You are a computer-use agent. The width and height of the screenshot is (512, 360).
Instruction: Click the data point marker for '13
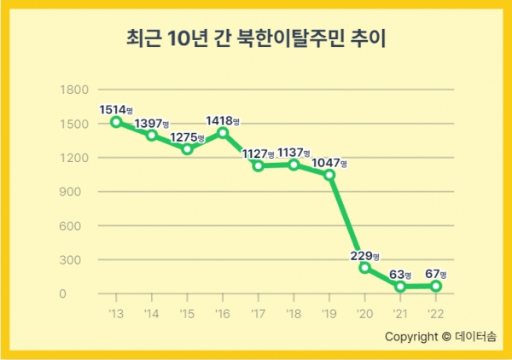116,122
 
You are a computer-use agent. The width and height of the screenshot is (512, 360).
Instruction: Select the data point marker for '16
223,133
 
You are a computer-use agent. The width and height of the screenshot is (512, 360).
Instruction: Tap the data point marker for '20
364,268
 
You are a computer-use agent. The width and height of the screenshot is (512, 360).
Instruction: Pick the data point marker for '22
436,286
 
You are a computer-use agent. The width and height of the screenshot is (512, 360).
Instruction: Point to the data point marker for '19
329,175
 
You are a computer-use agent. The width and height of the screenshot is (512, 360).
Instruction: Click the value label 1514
113,109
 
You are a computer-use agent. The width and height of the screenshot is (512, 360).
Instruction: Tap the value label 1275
183,137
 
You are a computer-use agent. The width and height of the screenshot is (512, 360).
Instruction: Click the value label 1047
327,162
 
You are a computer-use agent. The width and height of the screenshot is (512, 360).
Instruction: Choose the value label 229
362,256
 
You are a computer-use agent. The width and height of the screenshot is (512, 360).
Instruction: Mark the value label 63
398,274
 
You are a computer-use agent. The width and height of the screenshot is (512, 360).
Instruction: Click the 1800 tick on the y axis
76,90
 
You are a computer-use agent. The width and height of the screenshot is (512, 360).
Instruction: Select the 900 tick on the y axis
79,192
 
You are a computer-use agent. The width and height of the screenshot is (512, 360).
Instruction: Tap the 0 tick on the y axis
86,294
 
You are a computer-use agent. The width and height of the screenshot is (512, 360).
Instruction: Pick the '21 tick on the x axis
400,314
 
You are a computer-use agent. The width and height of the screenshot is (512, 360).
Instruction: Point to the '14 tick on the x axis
152,314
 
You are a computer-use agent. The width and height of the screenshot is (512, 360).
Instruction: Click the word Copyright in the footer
410,336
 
